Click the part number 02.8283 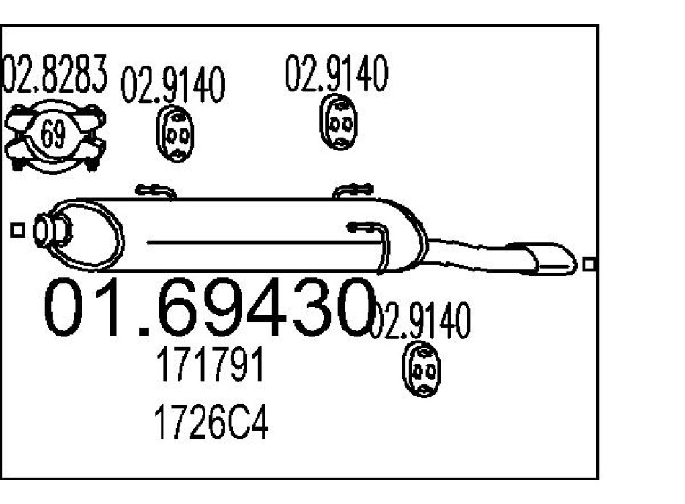[54, 76]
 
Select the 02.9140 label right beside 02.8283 [172, 86]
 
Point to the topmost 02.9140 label [336, 73]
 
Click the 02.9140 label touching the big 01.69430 [420, 322]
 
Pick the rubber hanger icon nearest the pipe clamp [175, 134]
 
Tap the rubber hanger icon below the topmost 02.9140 [337, 122]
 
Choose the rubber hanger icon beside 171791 [420, 369]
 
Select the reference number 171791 [210, 366]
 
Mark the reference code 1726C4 [211, 424]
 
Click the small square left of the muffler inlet [18, 230]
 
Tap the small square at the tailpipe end [589, 264]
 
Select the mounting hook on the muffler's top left [154, 192]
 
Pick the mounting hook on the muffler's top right [353, 191]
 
